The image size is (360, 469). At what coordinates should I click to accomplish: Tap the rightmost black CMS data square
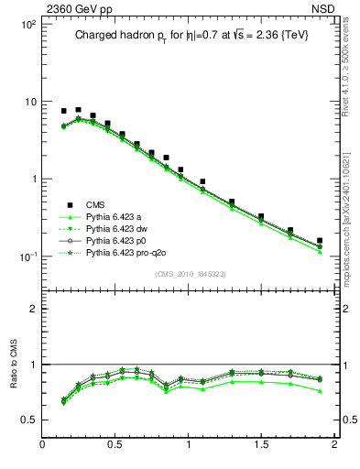(x=320, y=241)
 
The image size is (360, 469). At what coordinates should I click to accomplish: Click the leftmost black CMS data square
(x=63, y=111)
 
